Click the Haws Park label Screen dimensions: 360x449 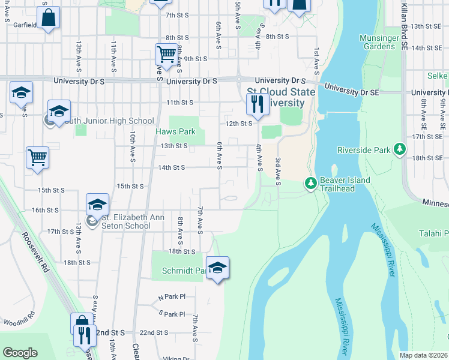pyautogui.click(x=176, y=131)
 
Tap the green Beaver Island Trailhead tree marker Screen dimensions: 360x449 pyautogui.click(x=310, y=183)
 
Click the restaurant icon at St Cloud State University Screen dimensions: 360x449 pyautogui.click(x=257, y=104)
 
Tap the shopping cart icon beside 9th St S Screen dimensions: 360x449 pyautogui.click(x=166, y=55)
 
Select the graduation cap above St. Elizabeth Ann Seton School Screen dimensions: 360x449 pyautogui.click(x=97, y=205)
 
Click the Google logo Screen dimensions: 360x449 pyautogui.click(x=20, y=353)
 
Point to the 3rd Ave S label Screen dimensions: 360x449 pyautogui.click(x=278, y=171)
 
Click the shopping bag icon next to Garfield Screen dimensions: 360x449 pyautogui.click(x=48, y=17)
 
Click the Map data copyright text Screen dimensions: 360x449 pyautogui.click(x=423, y=355)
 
